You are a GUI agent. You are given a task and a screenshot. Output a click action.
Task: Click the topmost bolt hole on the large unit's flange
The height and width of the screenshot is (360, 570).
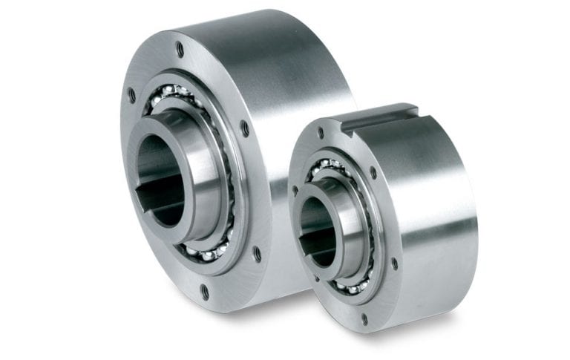pyautogui.click(x=180, y=50)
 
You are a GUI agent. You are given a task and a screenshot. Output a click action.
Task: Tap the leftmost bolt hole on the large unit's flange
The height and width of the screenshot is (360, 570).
pyautogui.click(x=132, y=95)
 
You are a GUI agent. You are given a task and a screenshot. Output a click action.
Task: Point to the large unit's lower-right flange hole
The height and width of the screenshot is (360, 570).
pyautogui.click(x=257, y=253)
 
